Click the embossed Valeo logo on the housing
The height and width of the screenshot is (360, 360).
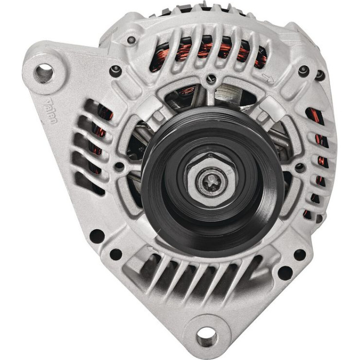[x=50, y=112]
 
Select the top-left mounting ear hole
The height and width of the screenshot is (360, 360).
[x=44, y=73]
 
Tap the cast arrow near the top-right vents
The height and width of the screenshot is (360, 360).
[x=268, y=78]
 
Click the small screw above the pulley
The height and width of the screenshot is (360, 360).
[x=211, y=79]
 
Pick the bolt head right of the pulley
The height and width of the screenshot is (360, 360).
[x=300, y=168]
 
